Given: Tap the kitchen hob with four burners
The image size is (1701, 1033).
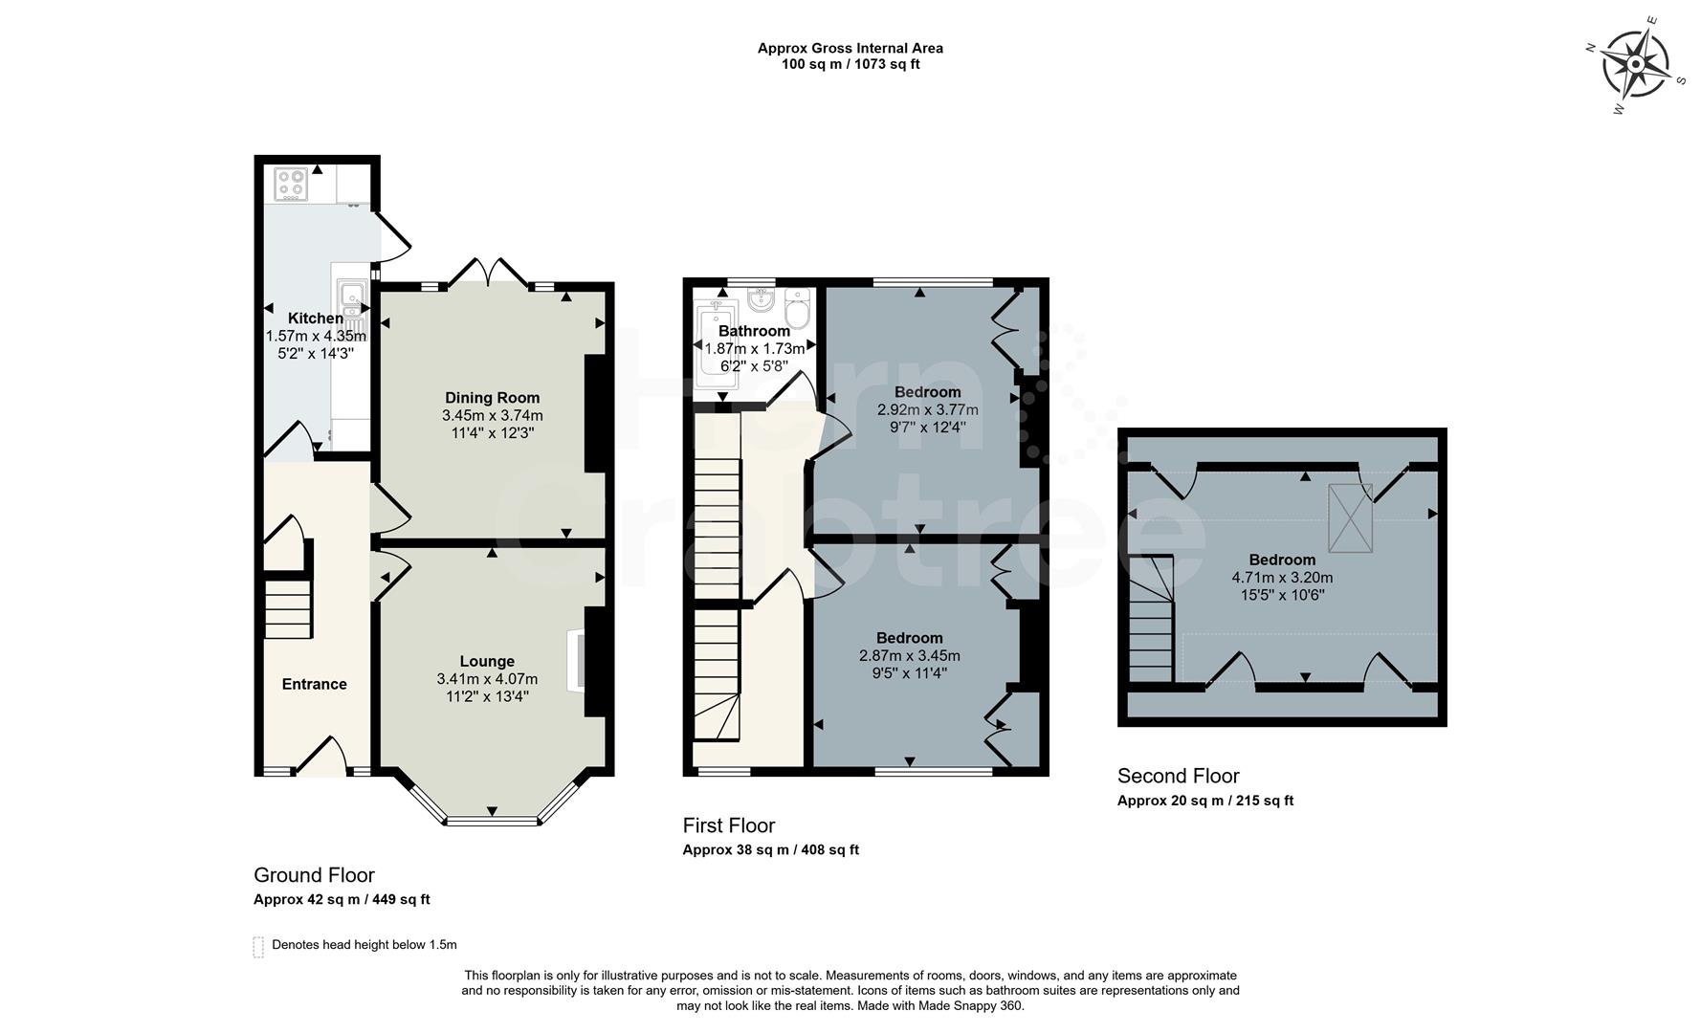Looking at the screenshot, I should [290, 184].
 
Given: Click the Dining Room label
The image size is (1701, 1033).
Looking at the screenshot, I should [492, 398].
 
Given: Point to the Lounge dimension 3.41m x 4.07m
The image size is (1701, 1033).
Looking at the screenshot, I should [487, 679].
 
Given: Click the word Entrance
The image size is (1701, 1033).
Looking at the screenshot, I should [314, 684].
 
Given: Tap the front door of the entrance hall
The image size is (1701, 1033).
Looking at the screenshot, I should [320, 756].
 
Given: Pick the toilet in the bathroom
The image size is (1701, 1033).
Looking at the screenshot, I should [796, 310].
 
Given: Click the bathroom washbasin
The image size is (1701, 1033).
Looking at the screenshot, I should [762, 301].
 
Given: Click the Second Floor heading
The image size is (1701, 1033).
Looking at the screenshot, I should [1178, 776].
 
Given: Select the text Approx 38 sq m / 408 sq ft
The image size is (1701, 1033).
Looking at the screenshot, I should [770, 849].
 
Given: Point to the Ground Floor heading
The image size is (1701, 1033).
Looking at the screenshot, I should [314, 874].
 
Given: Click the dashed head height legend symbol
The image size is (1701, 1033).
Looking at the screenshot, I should [258, 946].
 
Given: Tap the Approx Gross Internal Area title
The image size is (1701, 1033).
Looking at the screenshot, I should [850, 48].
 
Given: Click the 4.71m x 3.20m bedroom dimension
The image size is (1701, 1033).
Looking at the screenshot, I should [1282, 578].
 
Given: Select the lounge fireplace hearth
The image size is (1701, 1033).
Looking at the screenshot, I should [575, 660].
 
